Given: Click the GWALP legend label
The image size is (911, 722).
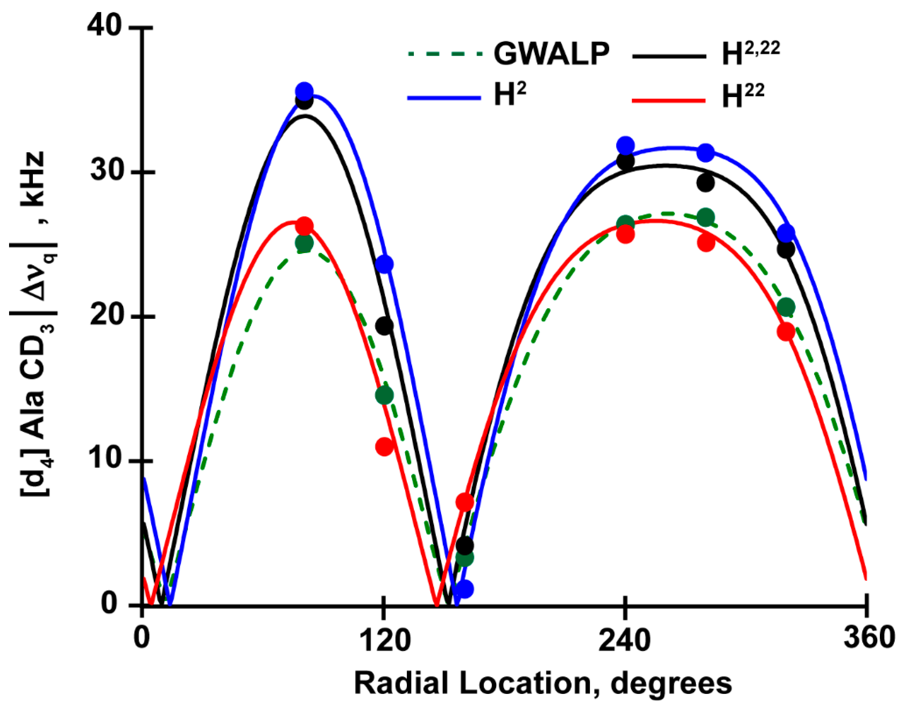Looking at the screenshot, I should pos(551,54).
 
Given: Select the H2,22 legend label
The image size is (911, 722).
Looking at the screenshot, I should pos(751,54).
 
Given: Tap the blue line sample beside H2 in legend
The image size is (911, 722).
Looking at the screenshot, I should pos(444,98).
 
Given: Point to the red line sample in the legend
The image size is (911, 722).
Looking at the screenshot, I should pos(668,101).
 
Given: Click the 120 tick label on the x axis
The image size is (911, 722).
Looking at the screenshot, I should pos(384,640).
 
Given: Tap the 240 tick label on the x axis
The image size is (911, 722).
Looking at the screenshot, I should pos(625,640).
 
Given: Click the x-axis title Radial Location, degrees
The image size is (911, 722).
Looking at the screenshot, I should pos(543,684).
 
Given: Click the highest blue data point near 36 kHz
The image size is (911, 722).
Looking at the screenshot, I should pos(304,91).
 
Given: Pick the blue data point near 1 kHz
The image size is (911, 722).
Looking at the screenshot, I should pos(465,589).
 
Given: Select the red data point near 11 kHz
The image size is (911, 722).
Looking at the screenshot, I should pos(384,446).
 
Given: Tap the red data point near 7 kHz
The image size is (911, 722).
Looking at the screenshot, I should pos(465,502).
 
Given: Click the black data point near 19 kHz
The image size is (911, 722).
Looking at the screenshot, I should pos(384,326).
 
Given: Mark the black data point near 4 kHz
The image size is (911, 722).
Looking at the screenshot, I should pos(465,546).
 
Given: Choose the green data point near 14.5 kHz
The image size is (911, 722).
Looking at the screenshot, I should pos(384,395).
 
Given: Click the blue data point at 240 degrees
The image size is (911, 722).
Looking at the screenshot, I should pos(625,146).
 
